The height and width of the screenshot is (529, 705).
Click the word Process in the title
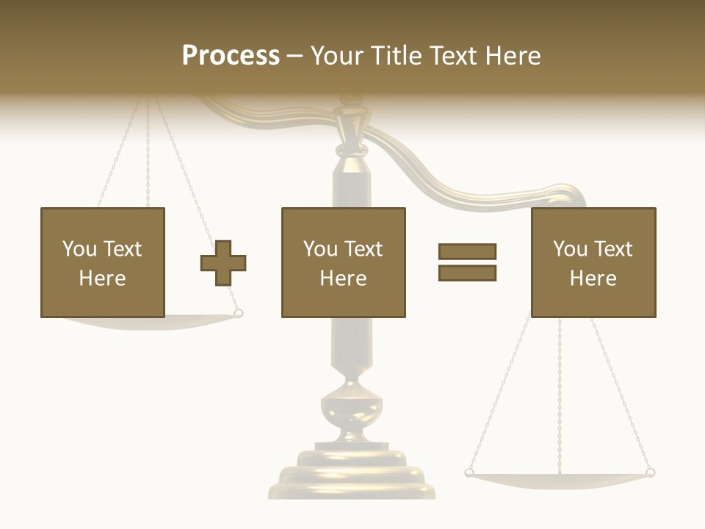point(231,55)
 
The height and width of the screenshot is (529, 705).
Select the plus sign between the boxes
point(223,262)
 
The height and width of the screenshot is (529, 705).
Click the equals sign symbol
point(467,262)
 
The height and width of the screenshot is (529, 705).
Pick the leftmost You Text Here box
point(102,262)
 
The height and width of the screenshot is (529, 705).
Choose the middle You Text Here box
point(343,262)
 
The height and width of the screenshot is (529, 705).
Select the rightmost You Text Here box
point(593,262)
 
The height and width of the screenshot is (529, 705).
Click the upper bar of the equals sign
point(467,251)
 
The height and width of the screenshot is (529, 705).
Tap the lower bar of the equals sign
point(467,273)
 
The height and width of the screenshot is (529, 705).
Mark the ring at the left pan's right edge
point(238,314)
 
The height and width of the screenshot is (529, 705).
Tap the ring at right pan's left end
point(469,472)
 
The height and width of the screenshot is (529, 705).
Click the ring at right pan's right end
point(650,472)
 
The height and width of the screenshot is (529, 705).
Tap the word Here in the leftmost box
point(102,278)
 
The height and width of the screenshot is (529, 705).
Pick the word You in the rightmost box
point(570,249)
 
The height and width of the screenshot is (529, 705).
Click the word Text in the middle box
point(364,249)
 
